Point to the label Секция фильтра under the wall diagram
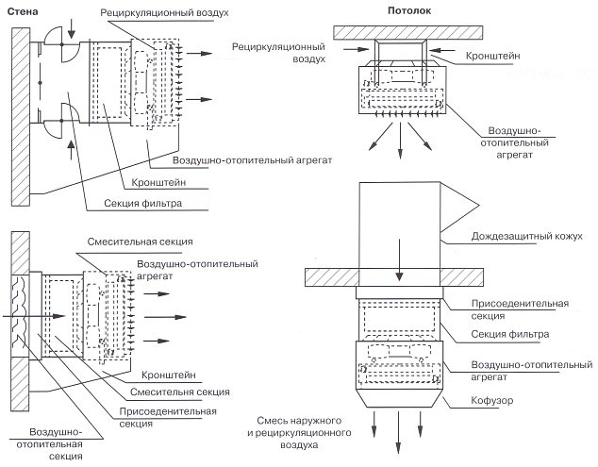[x=143, y=202]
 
